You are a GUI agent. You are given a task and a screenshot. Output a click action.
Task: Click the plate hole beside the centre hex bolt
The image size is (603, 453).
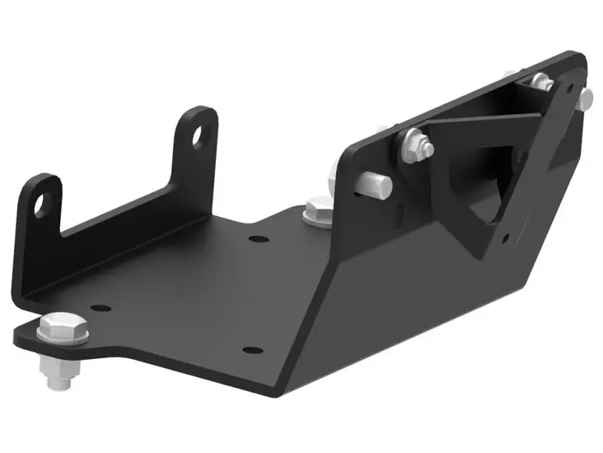(x=259, y=240)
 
